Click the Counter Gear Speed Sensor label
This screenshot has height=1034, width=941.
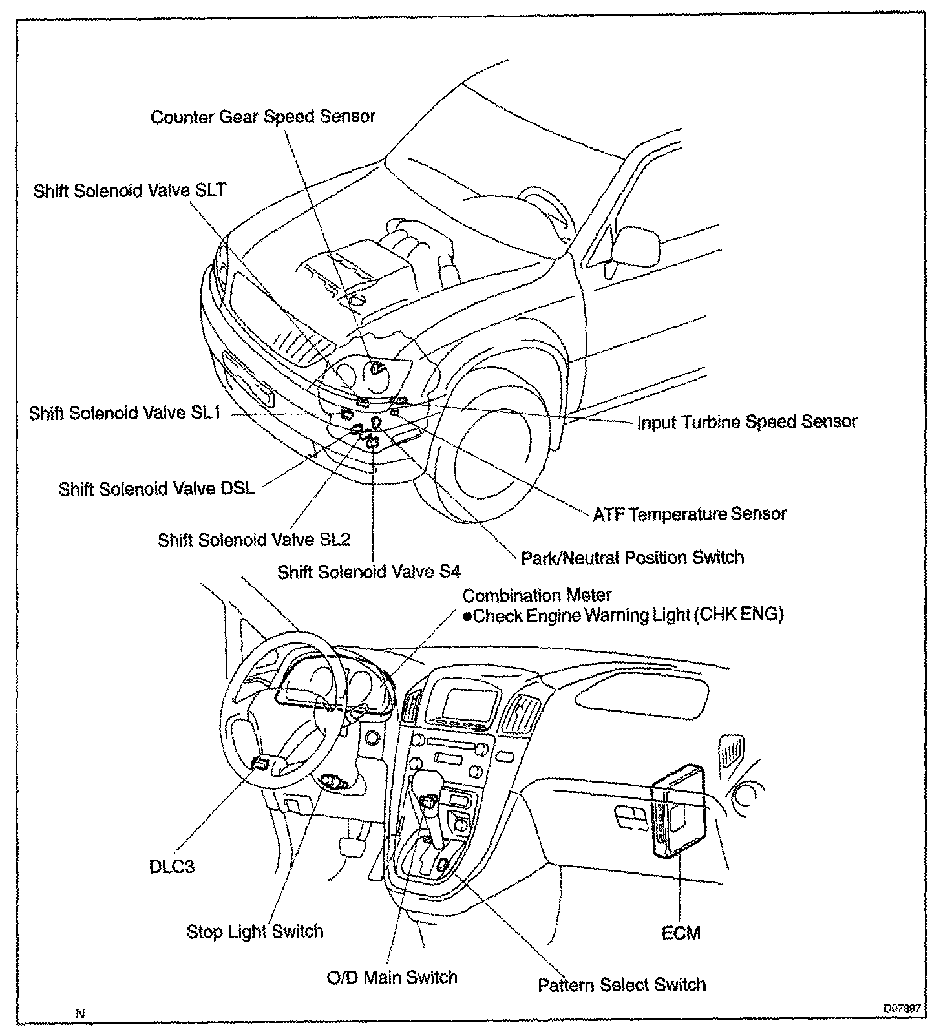(262, 117)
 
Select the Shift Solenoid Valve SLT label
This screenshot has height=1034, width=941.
(129, 191)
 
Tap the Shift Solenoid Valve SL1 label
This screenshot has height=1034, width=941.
(125, 413)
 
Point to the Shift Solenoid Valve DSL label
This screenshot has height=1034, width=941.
(156, 489)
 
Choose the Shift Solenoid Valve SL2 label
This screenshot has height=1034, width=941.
(254, 540)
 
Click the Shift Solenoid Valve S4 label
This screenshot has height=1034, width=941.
(368, 572)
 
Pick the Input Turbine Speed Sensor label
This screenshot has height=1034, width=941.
(746, 422)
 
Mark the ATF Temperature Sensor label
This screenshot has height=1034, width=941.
(690, 514)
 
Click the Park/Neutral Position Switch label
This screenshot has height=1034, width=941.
(632, 557)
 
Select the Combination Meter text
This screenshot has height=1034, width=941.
(536, 595)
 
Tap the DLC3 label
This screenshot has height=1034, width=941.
(171, 867)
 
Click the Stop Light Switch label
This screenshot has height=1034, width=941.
(255, 931)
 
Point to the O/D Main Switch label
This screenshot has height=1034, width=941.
(392, 976)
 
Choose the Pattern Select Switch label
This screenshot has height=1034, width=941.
(622, 985)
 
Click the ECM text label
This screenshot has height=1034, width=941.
(681, 933)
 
